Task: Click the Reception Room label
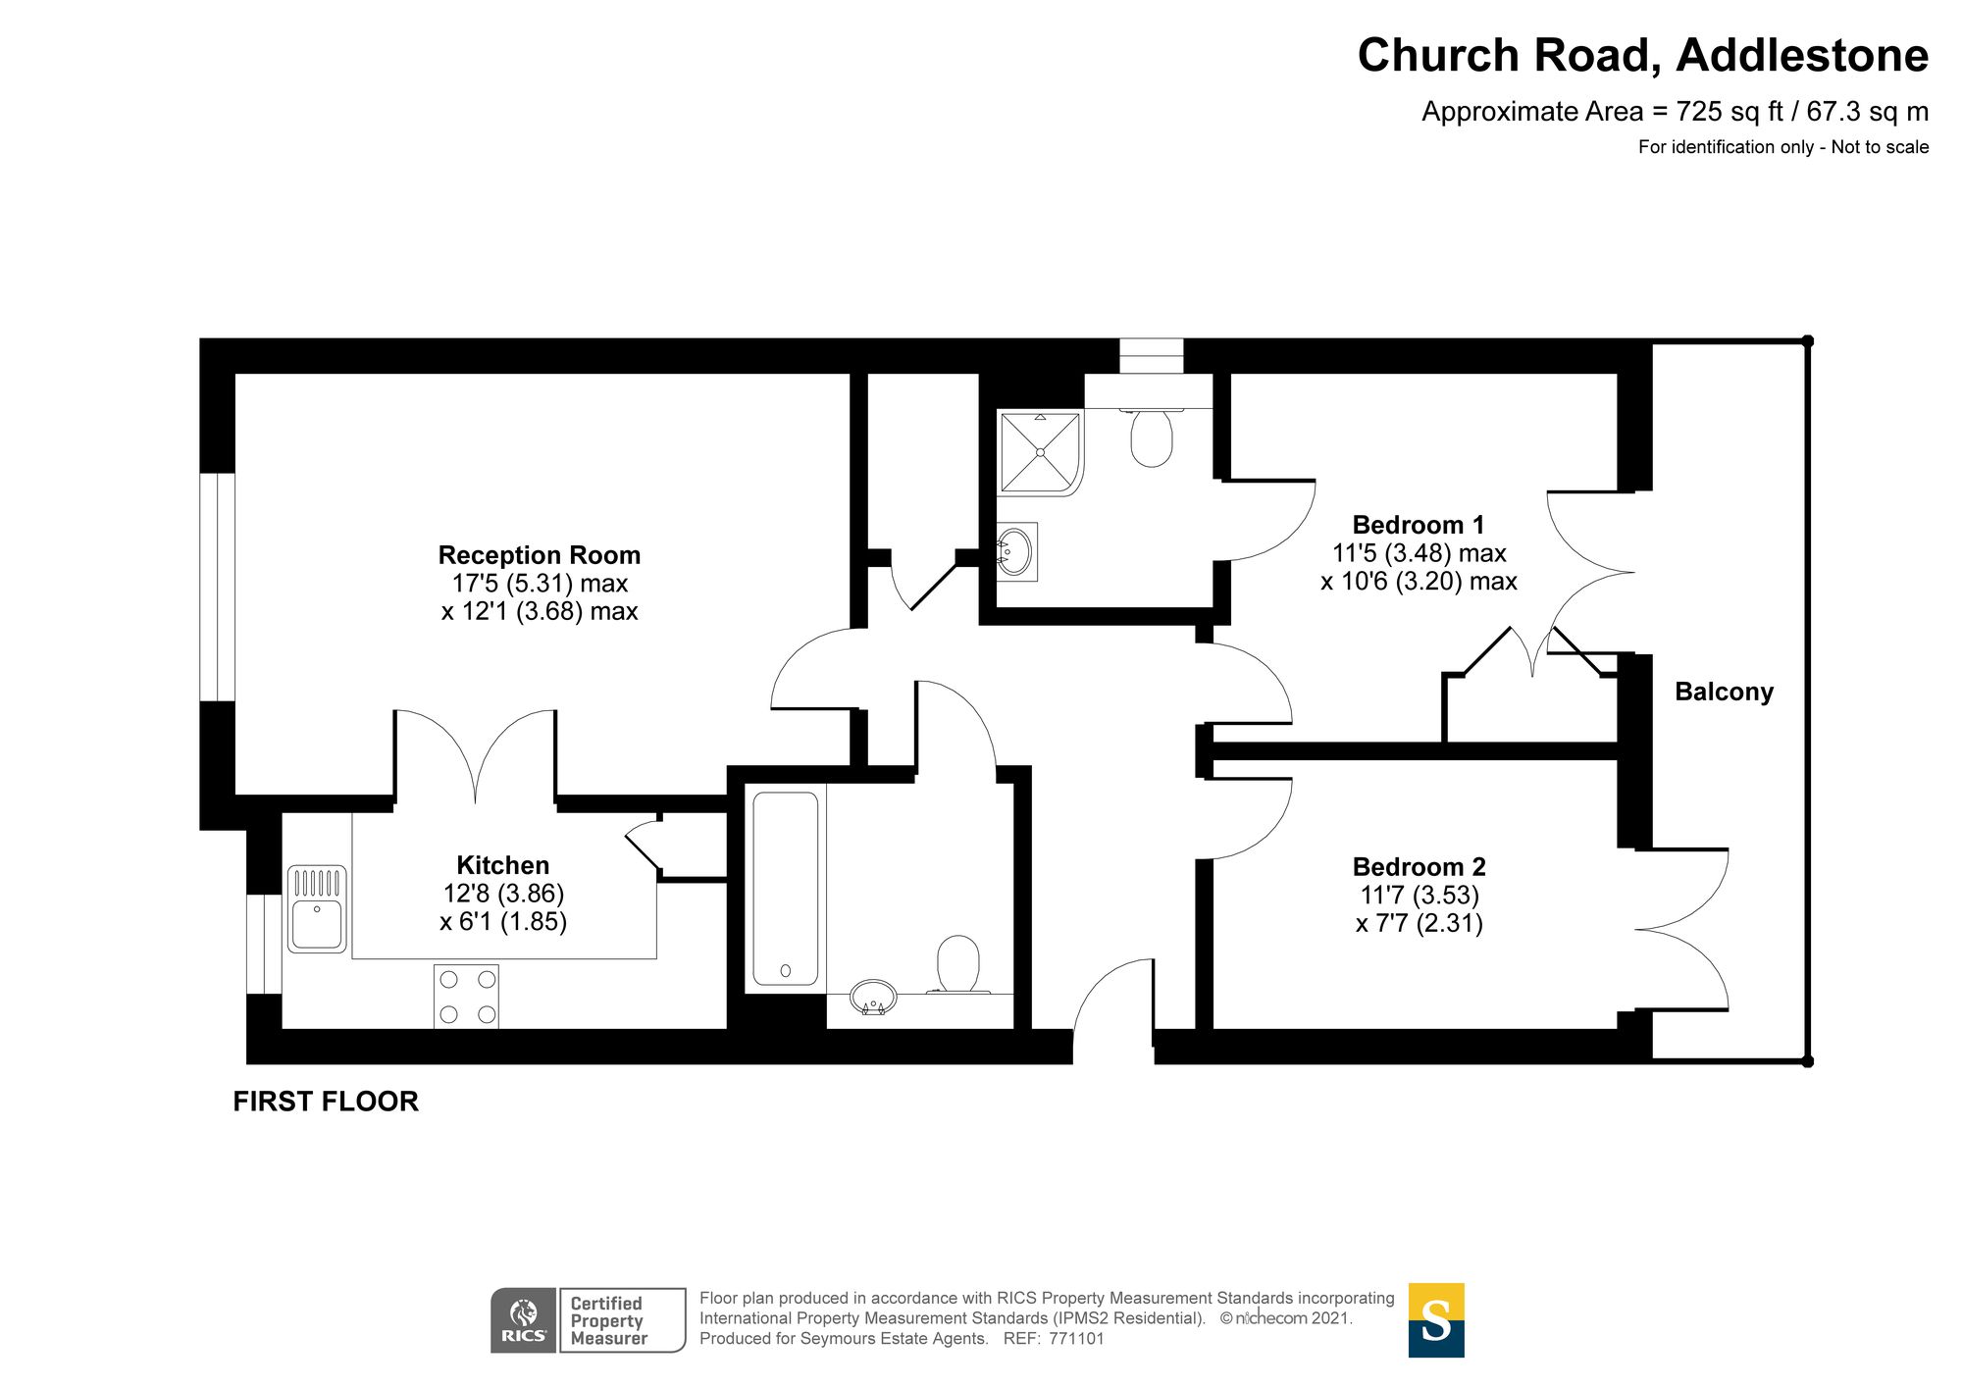(x=539, y=555)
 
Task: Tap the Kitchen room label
(x=502, y=865)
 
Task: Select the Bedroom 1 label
(x=1419, y=525)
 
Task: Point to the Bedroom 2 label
(x=1419, y=867)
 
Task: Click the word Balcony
(x=1724, y=692)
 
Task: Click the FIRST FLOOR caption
(x=326, y=1102)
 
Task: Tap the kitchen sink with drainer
(x=317, y=908)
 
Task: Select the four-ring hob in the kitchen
(x=466, y=997)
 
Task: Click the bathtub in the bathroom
(x=785, y=889)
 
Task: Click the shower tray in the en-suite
(x=1040, y=452)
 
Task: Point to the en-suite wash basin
(x=1016, y=551)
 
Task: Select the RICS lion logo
(x=524, y=1320)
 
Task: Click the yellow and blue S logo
(x=1436, y=1320)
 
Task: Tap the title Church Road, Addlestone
(x=1643, y=55)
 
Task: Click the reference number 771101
(x=1076, y=1339)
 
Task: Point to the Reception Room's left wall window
(x=218, y=588)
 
